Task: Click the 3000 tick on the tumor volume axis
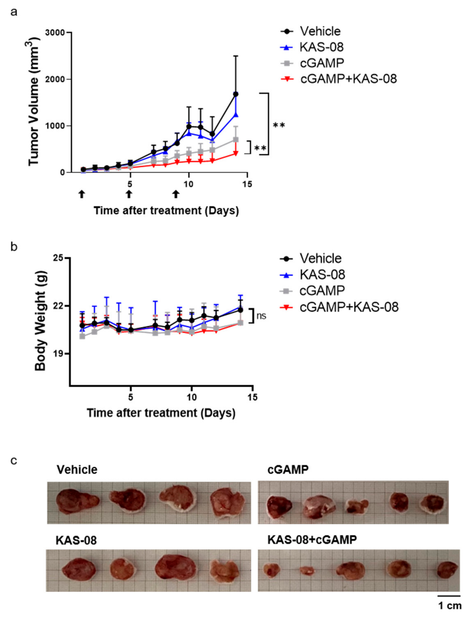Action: (57, 33)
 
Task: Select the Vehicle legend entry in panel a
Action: (320, 31)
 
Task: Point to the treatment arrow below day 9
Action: (175, 194)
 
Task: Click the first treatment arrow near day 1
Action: (81, 194)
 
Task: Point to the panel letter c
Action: (14, 460)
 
